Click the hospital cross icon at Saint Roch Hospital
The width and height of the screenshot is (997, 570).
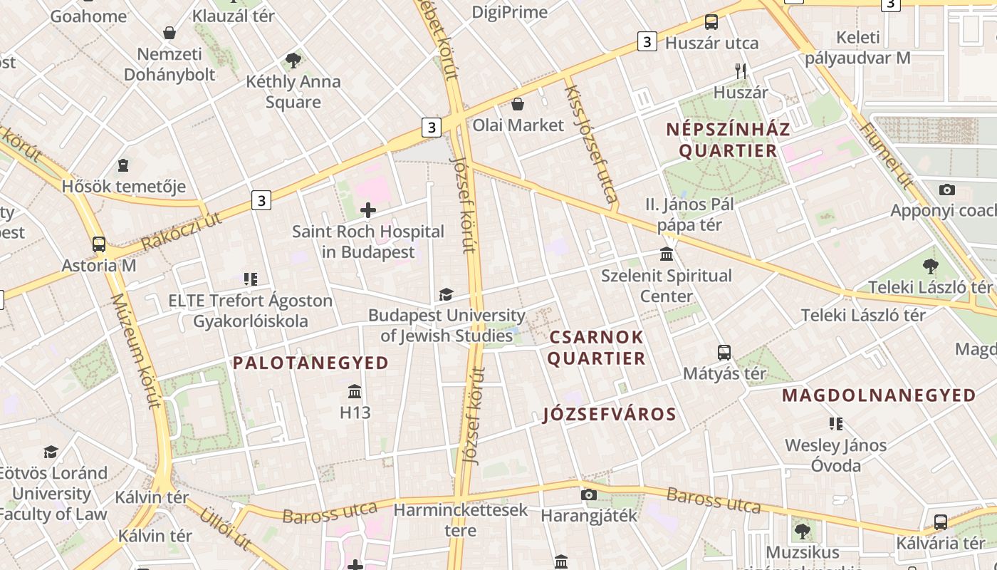tap(368, 210)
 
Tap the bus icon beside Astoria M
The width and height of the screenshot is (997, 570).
tap(99, 244)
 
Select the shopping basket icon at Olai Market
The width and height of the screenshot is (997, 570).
tap(518, 104)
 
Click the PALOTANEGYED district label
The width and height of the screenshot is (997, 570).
tap(311, 363)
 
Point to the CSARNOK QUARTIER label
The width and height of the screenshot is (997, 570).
tap(597, 347)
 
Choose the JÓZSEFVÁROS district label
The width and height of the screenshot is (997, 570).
tap(609, 414)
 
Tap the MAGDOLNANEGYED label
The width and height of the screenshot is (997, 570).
tap(879, 395)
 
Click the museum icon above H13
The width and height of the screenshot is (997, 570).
tap(355, 391)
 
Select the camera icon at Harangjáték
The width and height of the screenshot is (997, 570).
tap(588, 494)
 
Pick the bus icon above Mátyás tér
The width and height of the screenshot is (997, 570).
tap(724, 352)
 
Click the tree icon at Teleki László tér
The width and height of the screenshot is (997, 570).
tap(930, 266)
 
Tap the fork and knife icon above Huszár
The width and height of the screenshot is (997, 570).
tap(741, 71)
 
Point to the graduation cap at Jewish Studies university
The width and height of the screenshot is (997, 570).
tap(446, 294)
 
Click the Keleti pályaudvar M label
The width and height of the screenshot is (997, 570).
tap(858, 48)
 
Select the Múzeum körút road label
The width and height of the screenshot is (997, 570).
tap(136, 350)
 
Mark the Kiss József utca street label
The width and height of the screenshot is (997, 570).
tap(590, 142)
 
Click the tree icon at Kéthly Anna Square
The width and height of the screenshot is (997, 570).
tap(293, 61)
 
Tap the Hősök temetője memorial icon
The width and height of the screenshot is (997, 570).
tap(123, 165)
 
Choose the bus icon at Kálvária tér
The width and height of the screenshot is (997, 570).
tap(941, 522)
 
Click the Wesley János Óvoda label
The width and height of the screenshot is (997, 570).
tap(836, 455)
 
